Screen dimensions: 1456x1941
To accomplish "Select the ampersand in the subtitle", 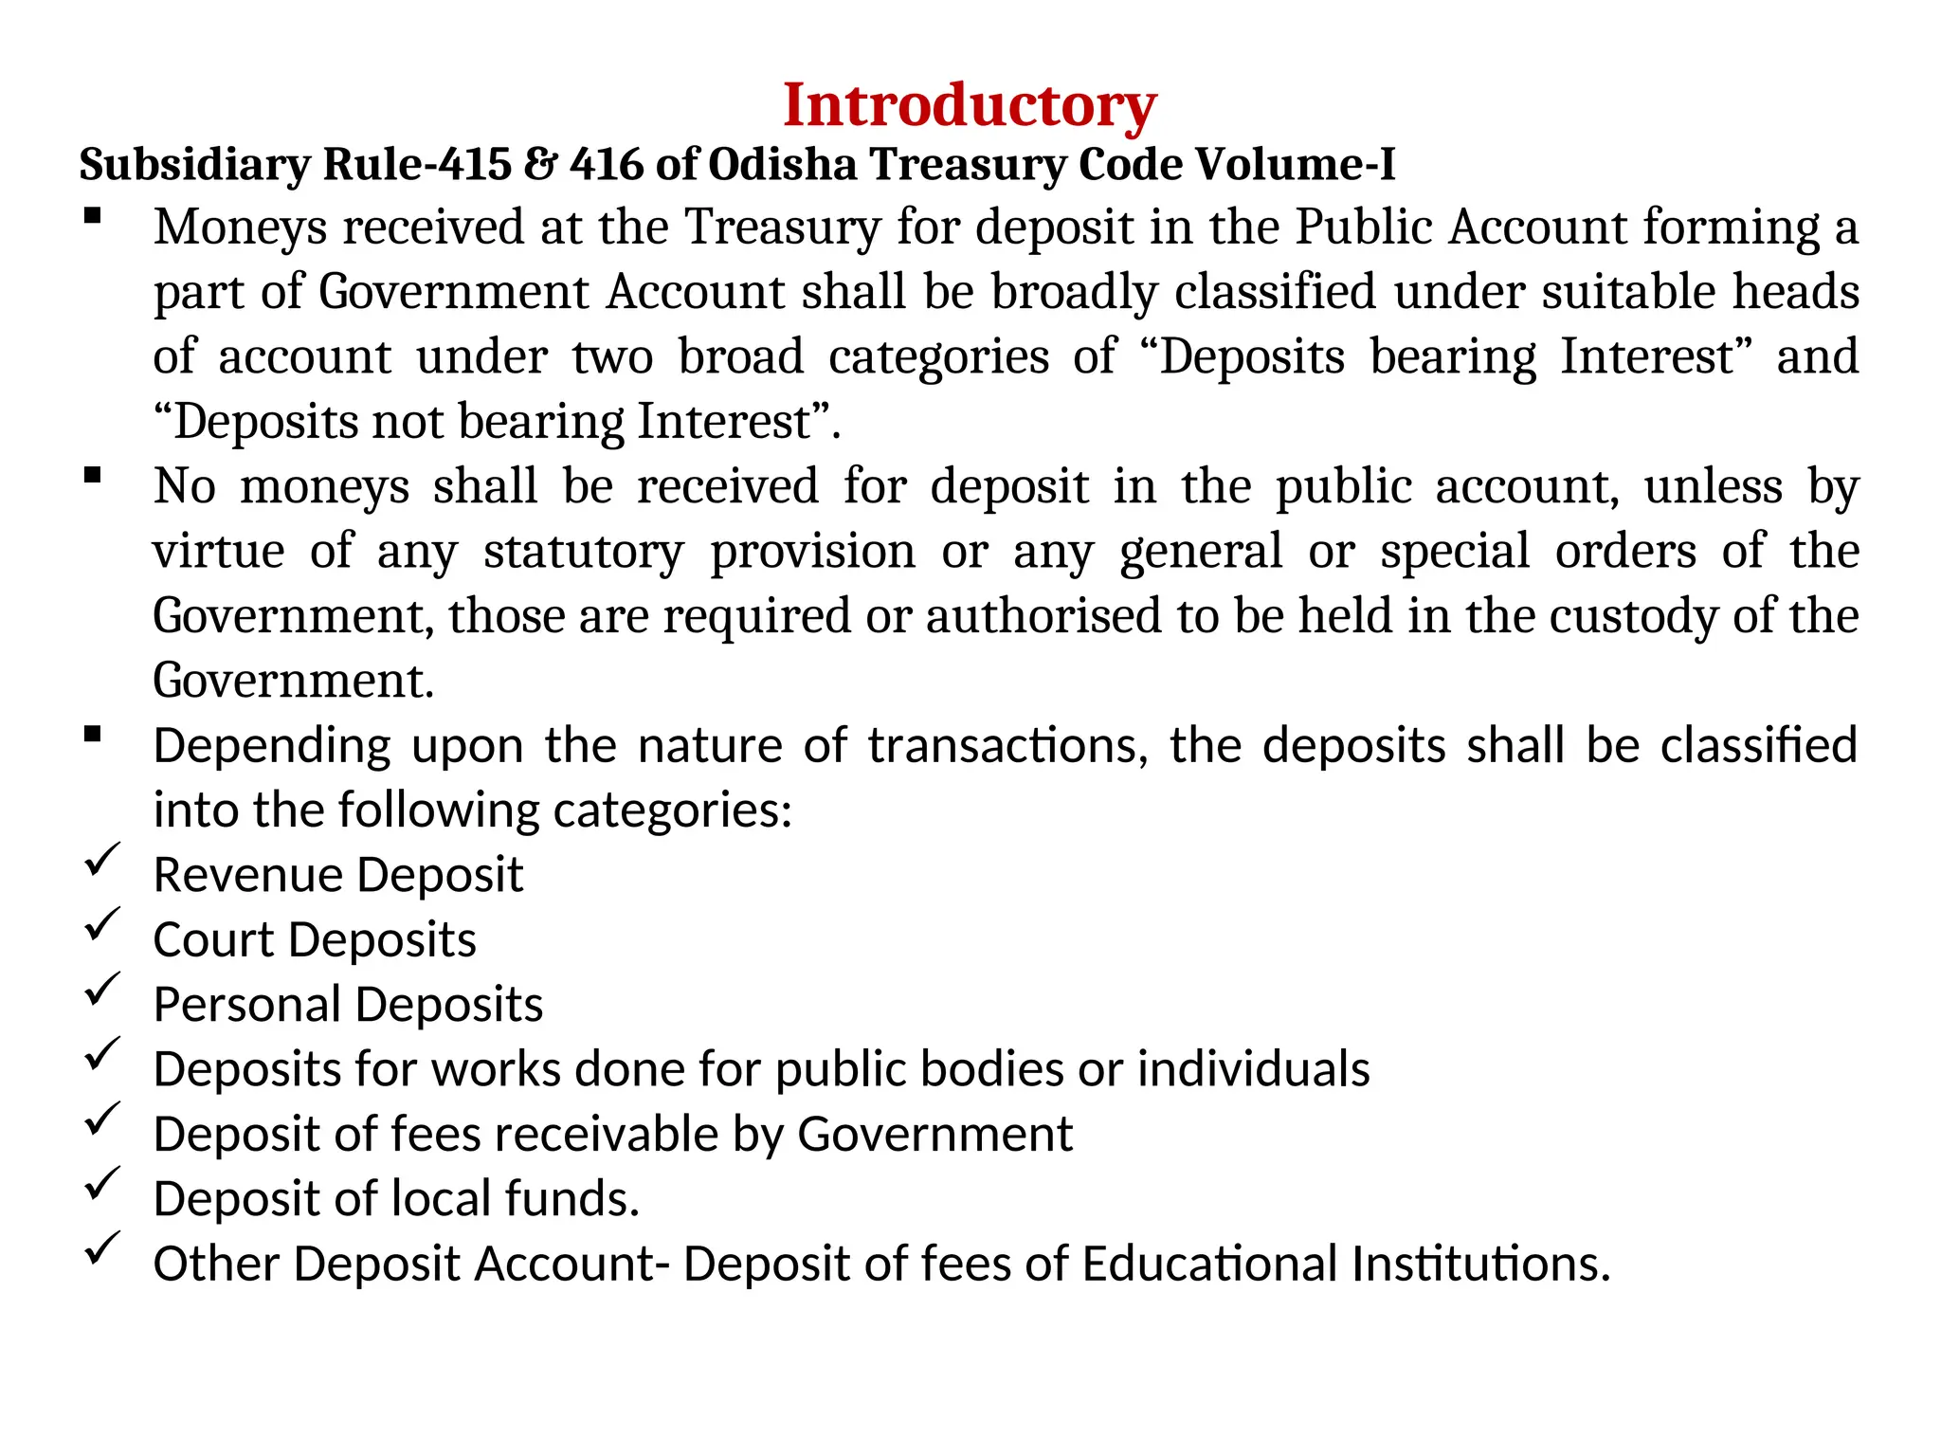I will point(540,165).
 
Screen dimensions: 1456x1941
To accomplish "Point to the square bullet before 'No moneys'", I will point(92,476).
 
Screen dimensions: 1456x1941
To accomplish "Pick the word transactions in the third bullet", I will point(1008,746).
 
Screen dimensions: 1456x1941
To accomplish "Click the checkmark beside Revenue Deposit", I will point(101,860).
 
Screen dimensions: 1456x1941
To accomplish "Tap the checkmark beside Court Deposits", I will point(101,924).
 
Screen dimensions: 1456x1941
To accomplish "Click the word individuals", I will point(1253,1069).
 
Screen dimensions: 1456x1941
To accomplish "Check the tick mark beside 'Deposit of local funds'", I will point(101,1184).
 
